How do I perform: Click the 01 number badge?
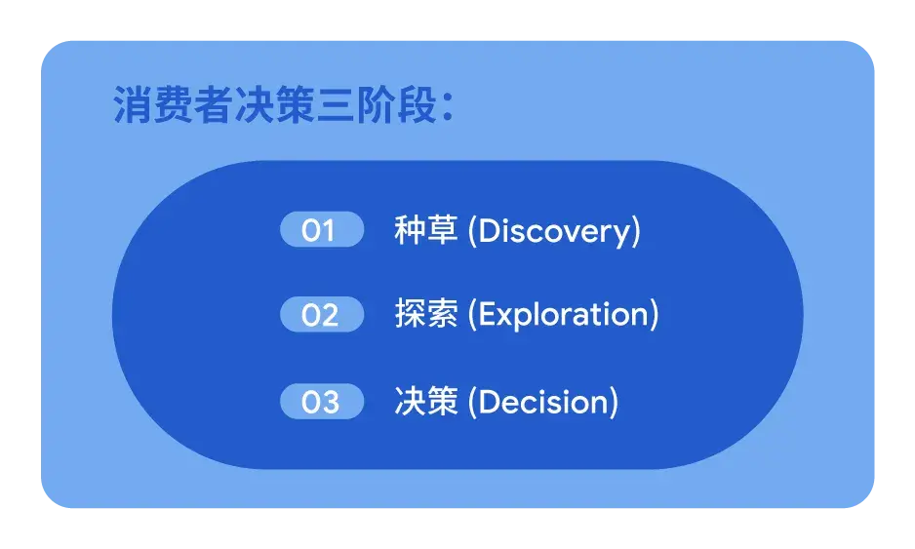pos(322,229)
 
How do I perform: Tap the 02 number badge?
pos(322,314)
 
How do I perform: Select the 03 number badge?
pos(322,402)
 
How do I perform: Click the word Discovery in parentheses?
pos(554,232)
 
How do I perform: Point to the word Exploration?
pos(563,315)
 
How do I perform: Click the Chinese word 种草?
pos(426,230)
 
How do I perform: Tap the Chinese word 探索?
pos(426,314)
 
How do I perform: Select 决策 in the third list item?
pos(426,402)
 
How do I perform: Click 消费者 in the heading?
pos(174,105)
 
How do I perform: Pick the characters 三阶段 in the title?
pos(377,105)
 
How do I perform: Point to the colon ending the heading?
pos(448,107)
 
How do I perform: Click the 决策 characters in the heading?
pos(275,105)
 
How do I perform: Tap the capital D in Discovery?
pos(489,230)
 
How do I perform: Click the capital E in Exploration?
pos(487,314)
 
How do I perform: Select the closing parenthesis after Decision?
pos(614,402)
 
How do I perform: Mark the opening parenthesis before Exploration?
pos(472,315)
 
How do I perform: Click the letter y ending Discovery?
pos(623,235)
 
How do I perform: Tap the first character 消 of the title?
pos(133,105)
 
